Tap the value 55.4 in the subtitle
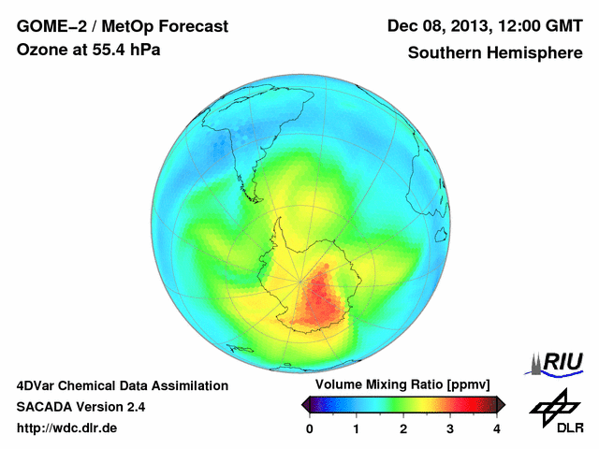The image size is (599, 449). tap(103, 51)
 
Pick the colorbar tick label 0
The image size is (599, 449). tap(310, 428)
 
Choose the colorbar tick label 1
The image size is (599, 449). tap(357, 428)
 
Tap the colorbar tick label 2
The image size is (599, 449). tap(403, 428)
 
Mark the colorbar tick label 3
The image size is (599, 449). tap(450, 428)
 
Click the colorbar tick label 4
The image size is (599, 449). tap(497, 428)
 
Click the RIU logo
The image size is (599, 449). tap(557, 362)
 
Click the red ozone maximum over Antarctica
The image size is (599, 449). tap(318, 299)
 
